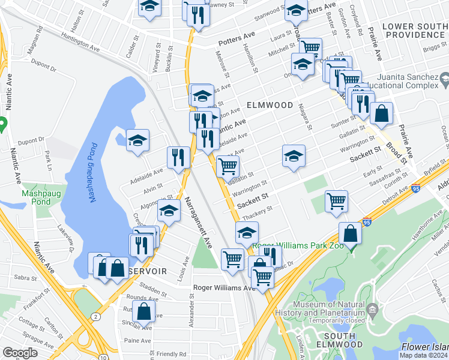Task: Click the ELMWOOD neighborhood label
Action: point(270,105)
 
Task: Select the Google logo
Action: point(20,353)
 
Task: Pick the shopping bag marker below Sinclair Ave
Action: point(143,311)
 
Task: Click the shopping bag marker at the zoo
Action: point(350,233)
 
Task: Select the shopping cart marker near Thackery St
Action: point(337,201)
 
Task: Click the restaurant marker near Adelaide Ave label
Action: point(178,157)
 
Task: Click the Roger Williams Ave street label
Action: point(224,288)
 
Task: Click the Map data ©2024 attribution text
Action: point(424,356)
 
